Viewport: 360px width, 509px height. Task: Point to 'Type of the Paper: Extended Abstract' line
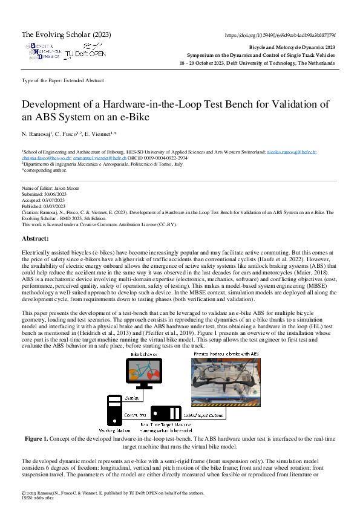(x=62, y=80)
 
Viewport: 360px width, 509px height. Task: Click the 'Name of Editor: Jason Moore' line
(x=54, y=189)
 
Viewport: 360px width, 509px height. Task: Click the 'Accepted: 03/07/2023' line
(x=45, y=201)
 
